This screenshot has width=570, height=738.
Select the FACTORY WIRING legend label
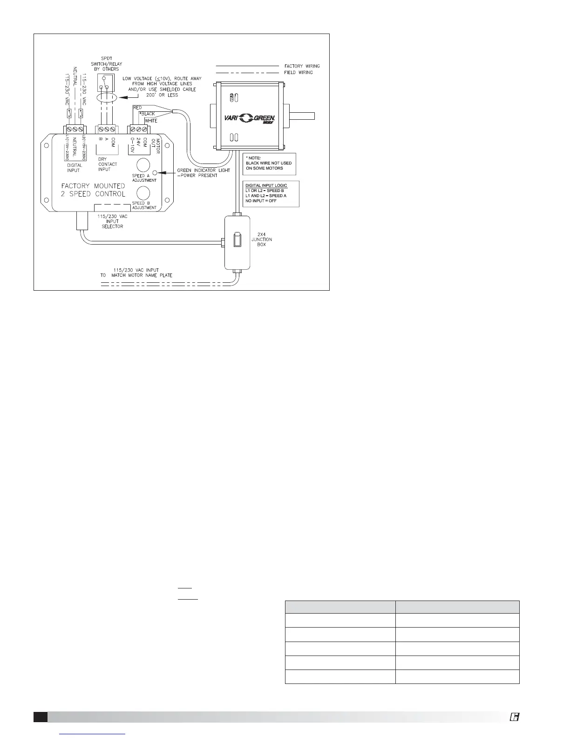tap(302, 66)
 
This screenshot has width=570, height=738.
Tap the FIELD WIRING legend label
tap(299, 73)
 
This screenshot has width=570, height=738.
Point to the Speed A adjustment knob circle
tap(142, 165)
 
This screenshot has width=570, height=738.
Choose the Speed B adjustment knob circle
tap(142, 193)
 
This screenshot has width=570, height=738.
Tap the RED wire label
tap(137, 108)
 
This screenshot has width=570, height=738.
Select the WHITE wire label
tap(151, 121)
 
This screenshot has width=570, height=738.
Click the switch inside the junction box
tap(237, 240)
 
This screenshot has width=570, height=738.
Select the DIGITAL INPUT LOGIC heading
tap(266, 185)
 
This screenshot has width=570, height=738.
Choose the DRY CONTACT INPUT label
tap(108, 164)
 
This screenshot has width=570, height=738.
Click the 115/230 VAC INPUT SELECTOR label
tap(112, 222)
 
